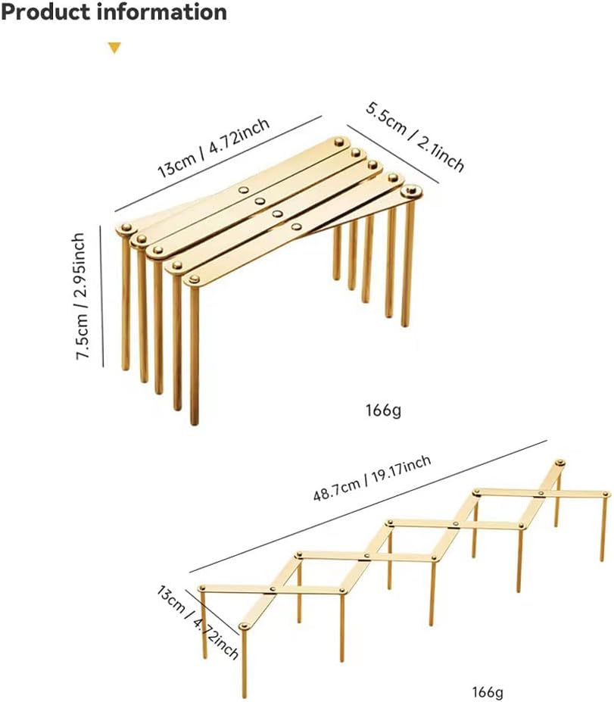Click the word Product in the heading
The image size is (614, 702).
tap(45, 12)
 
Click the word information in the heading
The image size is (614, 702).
tap(161, 11)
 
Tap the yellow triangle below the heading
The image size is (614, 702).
tap(114, 48)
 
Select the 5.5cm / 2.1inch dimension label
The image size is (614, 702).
tap(415, 138)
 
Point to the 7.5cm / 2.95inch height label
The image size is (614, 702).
tap(80, 296)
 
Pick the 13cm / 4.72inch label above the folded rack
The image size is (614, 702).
tap(213, 148)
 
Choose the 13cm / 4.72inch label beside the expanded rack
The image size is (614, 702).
tap(198, 622)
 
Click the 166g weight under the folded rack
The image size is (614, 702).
tap(383, 410)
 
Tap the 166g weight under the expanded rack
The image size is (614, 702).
tap(488, 692)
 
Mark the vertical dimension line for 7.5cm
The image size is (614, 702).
tap(101, 296)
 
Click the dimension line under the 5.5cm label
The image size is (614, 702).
tap(392, 154)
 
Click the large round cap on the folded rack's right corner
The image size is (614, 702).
tap(411, 192)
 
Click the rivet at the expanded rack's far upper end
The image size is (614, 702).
tap(559, 463)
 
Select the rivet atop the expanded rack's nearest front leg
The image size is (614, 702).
tap(244, 626)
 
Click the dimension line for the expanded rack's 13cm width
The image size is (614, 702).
tap(212, 612)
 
